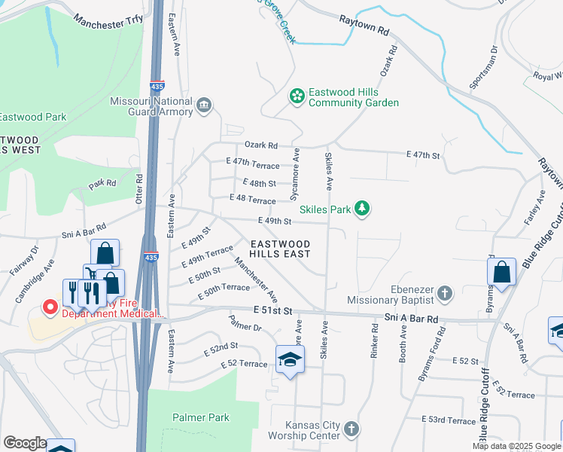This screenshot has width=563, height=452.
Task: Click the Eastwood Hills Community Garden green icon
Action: point(297,96)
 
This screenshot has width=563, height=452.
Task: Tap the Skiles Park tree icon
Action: point(363,208)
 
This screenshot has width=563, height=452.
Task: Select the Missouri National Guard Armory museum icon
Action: point(204,108)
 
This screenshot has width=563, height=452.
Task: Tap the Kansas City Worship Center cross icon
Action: point(351,430)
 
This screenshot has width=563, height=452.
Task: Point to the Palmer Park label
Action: point(200,417)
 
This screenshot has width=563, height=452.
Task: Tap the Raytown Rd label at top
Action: point(364,26)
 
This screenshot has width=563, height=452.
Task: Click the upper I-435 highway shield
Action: point(157,87)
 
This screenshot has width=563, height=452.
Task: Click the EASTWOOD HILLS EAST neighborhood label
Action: point(280,249)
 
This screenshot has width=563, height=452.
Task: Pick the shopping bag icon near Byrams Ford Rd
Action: point(501,272)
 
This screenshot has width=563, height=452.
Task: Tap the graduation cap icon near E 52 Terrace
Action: point(290,359)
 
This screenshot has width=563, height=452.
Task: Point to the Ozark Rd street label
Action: point(261,145)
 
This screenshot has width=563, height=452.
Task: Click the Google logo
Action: point(24,443)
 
